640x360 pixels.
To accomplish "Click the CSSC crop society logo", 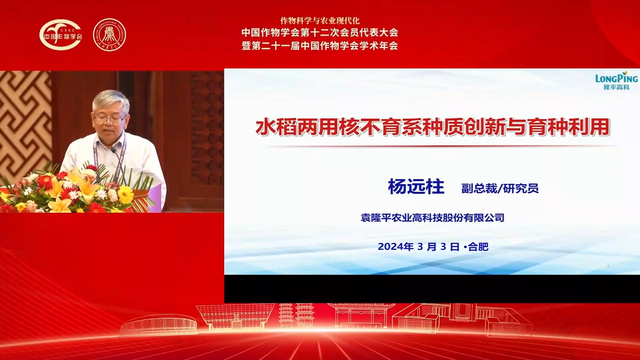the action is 61,35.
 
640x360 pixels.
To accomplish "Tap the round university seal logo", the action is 109,35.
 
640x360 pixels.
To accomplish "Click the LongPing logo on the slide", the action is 616,81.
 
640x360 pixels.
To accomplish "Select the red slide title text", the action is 432,127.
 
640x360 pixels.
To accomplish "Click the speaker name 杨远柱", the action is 416,187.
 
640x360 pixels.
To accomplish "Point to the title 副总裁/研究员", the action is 500,188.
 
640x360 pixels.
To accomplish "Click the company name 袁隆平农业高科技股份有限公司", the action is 432,217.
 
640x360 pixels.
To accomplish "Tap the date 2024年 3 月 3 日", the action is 419,246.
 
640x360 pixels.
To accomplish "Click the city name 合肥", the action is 478,246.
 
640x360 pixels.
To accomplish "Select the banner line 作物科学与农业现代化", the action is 319,20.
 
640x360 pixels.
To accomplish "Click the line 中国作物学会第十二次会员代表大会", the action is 319,32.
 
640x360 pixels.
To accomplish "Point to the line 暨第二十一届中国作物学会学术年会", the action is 319,46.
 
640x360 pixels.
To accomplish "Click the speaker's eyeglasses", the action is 109,119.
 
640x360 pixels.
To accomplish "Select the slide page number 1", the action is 608,265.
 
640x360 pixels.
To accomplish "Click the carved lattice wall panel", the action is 25,123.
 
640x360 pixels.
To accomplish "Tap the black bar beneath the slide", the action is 432,289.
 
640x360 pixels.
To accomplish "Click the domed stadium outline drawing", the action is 159,325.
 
